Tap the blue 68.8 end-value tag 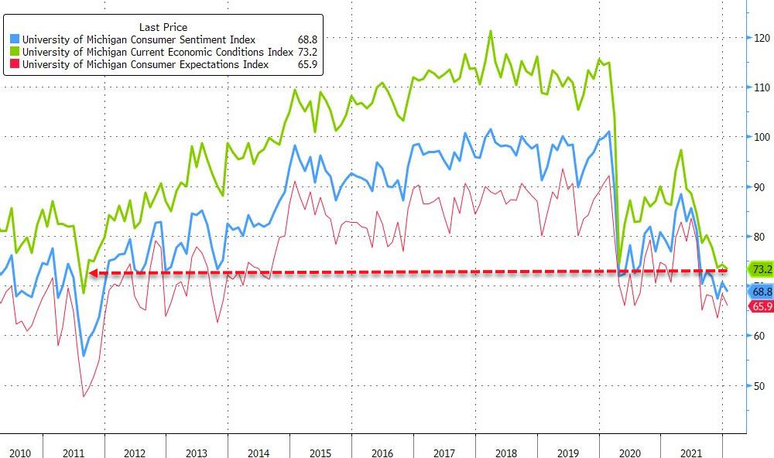[x=762, y=292]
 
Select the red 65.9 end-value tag [x=762, y=306]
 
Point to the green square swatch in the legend [x=15, y=53]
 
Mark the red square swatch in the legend [x=15, y=65]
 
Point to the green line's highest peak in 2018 [x=491, y=32]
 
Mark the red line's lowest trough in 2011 [x=84, y=396]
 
